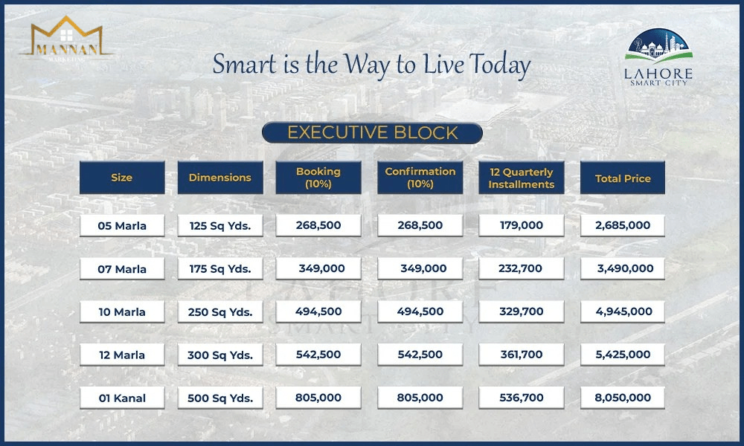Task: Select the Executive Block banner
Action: [x=372, y=133]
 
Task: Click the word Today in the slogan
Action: [x=500, y=65]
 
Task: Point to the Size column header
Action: [x=122, y=177]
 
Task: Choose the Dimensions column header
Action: [x=220, y=177]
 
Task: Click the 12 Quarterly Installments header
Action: [x=522, y=178]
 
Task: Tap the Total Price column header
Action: [x=623, y=178]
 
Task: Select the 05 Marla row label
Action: [x=122, y=226]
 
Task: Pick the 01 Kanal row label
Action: [x=122, y=398]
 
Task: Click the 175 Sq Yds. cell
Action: [x=220, y=269]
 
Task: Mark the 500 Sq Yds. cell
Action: [x=220, y=398]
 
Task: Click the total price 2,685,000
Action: [x=623, y=226]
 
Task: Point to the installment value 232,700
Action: [x=522, y=269]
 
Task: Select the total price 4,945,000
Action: [x=623, y=311]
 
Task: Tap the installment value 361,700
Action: [x=522, y=355]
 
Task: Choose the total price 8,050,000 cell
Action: [x=623, y=398]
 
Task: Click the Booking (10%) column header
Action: [x=318, y=177]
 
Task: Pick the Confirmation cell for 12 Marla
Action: [x=420, y=355]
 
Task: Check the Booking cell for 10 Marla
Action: [x=318, y=311]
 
